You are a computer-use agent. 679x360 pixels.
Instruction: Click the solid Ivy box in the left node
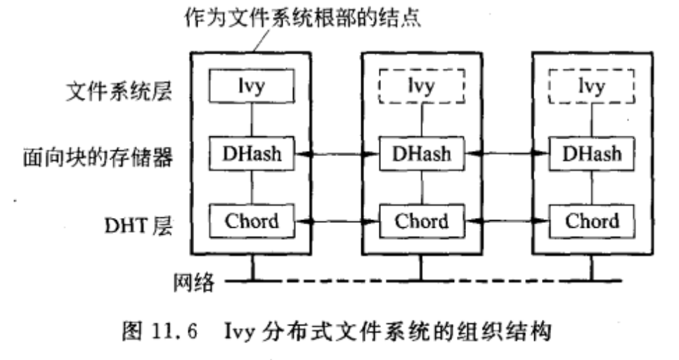pyautogui.click(x=252, y=86)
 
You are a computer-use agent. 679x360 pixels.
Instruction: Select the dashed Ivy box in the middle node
pyautogui.click(x=421, y=86)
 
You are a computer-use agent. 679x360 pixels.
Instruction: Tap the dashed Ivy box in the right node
pyautogui.click(x=592, y=86)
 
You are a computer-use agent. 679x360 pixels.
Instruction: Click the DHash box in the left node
pyautogui.click(x=252, y=153)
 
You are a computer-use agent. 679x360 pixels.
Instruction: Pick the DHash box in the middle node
pyautogui.click(x=421, y=153)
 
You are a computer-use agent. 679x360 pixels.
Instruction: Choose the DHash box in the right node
pyautogui.click(x=592, y=153)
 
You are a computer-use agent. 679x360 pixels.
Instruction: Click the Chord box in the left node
pyautogui.click(x=252, y=221)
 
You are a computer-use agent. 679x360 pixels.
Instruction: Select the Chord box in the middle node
pyautogui.click(x=421, y=221)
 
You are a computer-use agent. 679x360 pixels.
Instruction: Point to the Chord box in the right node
pyautogui.click(x=592, y=221)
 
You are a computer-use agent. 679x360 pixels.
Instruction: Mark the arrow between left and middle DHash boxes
pyautogui.click(x=336, y=153)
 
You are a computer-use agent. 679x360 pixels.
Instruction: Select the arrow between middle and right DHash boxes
pyautogui.click(x=507, y=153)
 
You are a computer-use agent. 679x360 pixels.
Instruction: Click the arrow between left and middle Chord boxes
pyautogui.click(x=336, y=222)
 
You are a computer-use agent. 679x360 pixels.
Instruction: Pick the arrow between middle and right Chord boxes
pyautogui.click(x=507, y=222)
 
